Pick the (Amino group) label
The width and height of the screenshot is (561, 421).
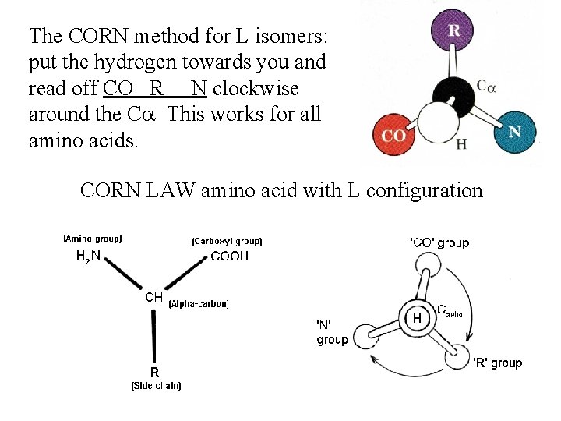(93, 239)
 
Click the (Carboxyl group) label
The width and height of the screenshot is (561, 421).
(227, 242)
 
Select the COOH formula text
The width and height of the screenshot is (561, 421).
(230, 256)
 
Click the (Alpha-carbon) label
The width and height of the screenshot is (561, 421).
(199, 303)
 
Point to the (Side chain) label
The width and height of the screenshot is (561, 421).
(156, 384)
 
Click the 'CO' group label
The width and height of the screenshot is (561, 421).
(439, 243)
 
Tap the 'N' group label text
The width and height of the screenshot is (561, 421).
(332, 331)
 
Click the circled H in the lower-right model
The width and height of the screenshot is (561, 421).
(417, 318)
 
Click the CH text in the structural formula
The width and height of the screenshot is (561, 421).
(153, 297)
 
